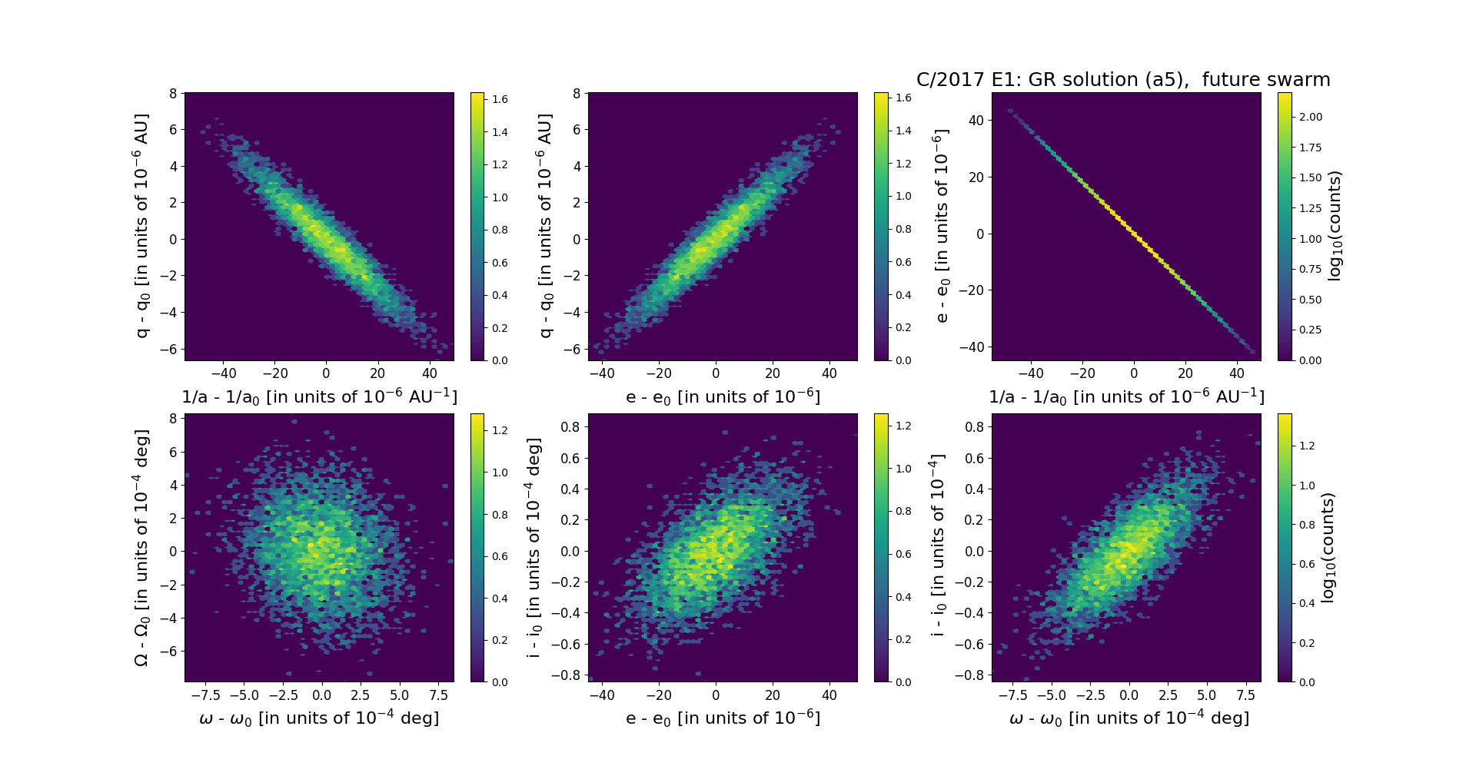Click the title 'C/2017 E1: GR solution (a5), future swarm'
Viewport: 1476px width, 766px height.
tap(1123, 80)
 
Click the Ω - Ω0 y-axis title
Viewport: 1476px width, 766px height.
tap(141, 548)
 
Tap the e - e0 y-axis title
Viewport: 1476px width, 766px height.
tap(941, 226)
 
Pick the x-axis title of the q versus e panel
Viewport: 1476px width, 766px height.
tap(723, 396)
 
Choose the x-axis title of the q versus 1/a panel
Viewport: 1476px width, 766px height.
tap(319, 396)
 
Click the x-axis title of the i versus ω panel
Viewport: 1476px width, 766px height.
tap(1129, 718)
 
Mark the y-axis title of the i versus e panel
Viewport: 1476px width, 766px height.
tap(534, 548)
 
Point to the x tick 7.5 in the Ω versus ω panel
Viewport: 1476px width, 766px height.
tap(439, 695)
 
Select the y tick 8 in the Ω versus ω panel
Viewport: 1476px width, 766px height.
tap(173, 419)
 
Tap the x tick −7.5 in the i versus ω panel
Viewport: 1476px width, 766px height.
tap(1013, 695)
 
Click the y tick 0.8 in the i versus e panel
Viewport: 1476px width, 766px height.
tap(570, 426)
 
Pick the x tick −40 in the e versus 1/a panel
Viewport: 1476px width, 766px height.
tap(1031, 373)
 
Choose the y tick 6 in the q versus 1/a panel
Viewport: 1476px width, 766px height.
tap(173, 130)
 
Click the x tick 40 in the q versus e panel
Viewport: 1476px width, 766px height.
tap(829, 373)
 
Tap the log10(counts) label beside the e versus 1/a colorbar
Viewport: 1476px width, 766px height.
tap(1335, 226)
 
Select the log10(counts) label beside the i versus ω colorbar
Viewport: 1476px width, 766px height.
tap(1328, 548)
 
